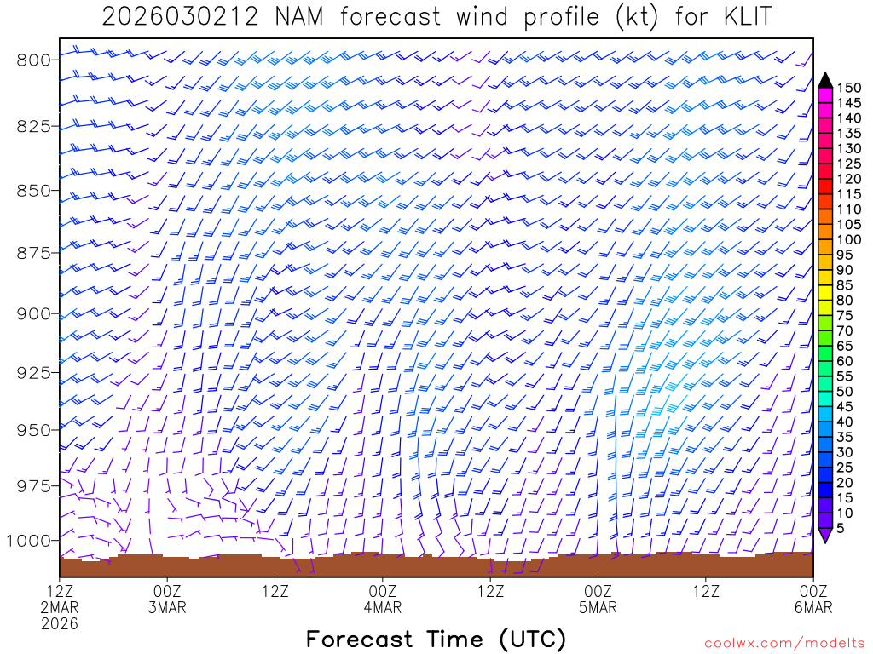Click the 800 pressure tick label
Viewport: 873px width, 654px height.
pyautogui.click(x=33, y=60)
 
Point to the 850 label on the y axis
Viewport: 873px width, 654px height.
pyautogui.click(x=33, y=190)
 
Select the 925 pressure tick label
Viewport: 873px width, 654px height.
pyautogui.click(x=33, y=373)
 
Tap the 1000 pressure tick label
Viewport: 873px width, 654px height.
pyautogui.click(x=28, y=541)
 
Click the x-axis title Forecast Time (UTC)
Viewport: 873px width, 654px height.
pyautogui.click(x=436, y=639)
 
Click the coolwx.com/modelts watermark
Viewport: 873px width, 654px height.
pyautogui.click(x=783, y=642)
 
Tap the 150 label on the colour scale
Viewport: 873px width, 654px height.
pyautogui.click(x=849, y=88)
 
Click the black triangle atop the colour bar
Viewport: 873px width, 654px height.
pyautogui.click(x=825, y=80)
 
